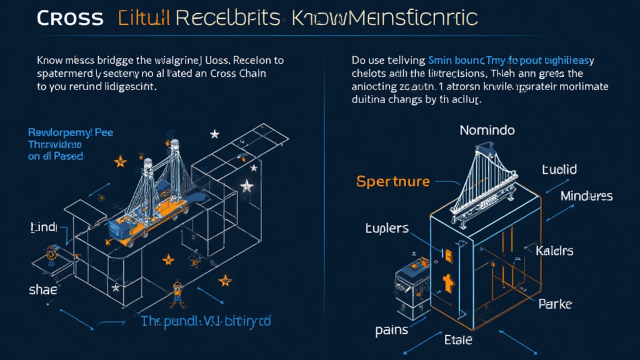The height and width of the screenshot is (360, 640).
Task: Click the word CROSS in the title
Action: point(69,18)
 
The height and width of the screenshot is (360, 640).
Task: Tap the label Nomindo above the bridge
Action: point(487,131)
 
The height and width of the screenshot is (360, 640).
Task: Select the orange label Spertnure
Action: point(393,182)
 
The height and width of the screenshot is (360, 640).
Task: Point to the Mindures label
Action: point(586,196)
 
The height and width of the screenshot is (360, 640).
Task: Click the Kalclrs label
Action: point(554,251)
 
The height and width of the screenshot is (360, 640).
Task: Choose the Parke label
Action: point(555,305)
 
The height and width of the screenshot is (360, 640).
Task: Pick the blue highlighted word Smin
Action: point(442,61)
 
